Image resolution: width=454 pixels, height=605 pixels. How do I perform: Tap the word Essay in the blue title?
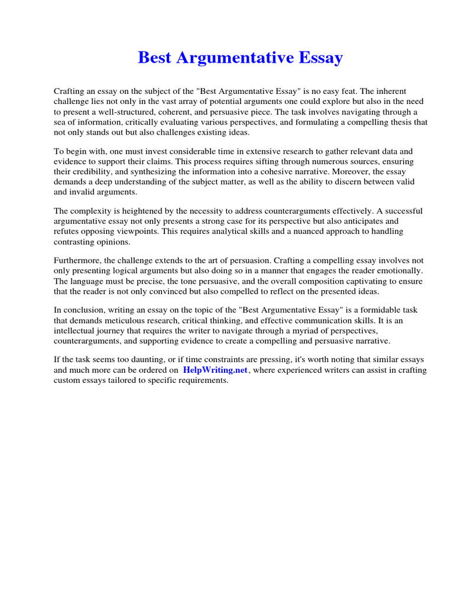[320, 58]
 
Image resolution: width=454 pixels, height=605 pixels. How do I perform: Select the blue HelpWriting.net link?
[215, 370]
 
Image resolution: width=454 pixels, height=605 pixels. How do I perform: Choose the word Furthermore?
[79, 261]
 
